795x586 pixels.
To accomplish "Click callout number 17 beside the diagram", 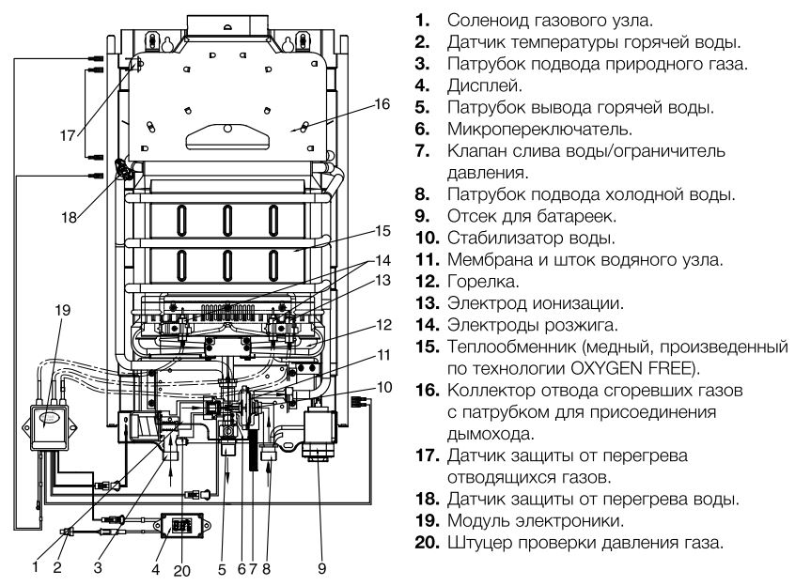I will [x=69, y=135].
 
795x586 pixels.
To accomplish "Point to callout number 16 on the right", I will [x=379, y=103].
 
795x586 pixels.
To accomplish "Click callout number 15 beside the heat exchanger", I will [x=381, y=229].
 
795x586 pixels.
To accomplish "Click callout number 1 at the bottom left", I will [x=35, y=566].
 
